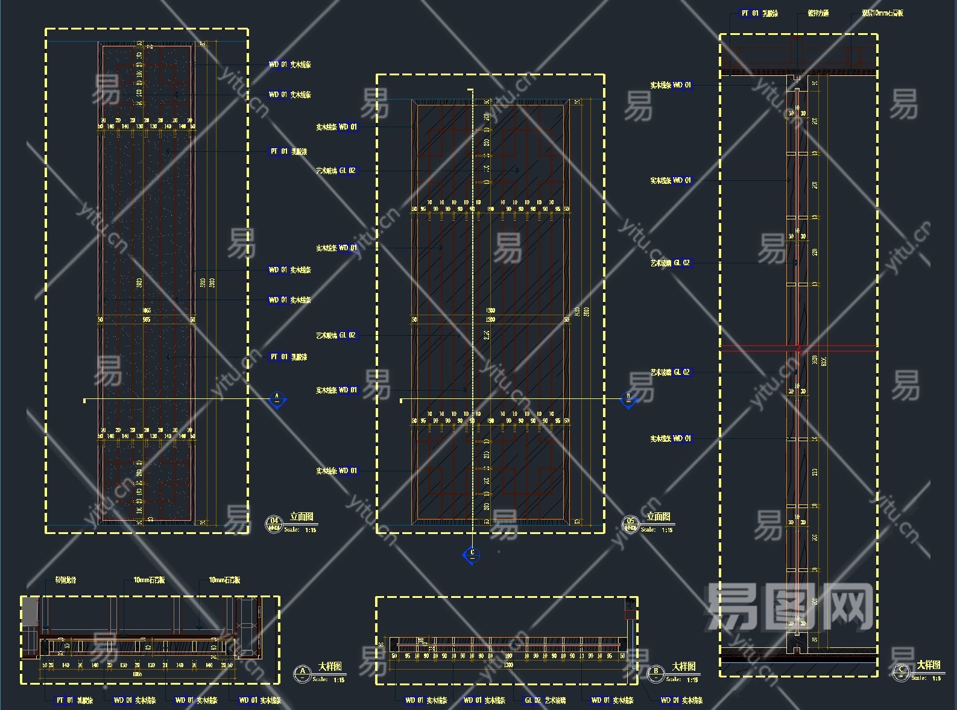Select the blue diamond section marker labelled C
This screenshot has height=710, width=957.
(472, 554)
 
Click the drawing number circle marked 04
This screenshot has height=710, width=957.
(274, 523)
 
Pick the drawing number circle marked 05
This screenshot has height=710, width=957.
(631, 523)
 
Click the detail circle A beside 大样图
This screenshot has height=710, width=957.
(302, 673)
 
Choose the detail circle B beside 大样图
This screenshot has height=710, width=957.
(656, 673)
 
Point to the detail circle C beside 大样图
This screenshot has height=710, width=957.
(901, 672)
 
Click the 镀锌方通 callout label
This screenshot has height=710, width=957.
(818, 13)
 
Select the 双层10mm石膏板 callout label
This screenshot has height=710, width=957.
(882, 13)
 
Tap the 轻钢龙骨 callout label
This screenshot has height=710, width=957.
(66, 580)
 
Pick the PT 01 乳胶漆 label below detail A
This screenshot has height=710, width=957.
(75, 700)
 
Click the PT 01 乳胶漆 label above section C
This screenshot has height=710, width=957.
(759, 13)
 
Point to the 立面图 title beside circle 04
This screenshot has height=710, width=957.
(302, 517)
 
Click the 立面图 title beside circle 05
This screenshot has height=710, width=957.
(659, 517)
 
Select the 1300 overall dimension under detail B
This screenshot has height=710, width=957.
(508, 665)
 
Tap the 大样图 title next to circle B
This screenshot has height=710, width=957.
(684, 666)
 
